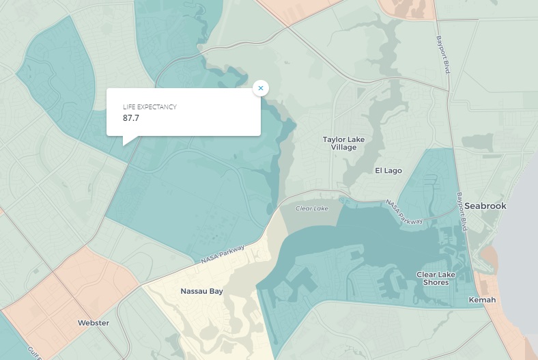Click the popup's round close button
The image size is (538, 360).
(x=260, y=88)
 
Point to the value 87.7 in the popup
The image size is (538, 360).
(x=131, y=118)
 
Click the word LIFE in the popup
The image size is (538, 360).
(x=128, y=107)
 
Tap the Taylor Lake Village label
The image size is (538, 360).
(x=343, y=143)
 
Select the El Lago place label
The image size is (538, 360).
(x=388, y=171)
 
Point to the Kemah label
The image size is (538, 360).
(x=482, y=300)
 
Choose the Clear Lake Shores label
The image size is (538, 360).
(x=436, y=278)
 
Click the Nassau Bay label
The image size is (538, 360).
(x=201, y=291)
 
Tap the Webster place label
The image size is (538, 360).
(x=93, y=322)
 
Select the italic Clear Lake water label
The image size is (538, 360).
(x=311, y=208)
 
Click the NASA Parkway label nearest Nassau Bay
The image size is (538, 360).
(x=223, y=255)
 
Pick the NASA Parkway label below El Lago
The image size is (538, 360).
(x=404, y=212)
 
